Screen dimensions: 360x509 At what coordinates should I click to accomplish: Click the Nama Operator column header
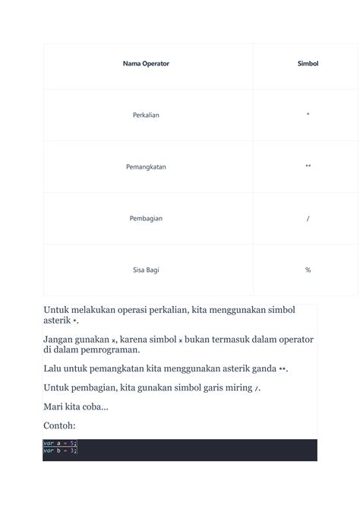point(146,64)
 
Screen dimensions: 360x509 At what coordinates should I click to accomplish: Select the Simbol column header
point(308,64)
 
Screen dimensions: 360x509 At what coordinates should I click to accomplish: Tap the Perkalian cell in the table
point(146,115)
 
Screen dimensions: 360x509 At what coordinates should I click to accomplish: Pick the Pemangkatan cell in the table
point(146,166)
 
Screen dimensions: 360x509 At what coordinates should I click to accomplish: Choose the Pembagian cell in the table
point(146,218)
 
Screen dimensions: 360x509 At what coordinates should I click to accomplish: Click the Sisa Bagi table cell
point(146,270)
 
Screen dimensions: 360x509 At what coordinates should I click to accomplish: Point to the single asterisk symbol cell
point(308,115)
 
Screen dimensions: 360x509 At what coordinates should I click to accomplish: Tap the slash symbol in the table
point(308,218)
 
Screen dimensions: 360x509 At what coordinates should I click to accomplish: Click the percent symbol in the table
point(308,270)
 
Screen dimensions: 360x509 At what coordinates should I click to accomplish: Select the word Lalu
point(53,368)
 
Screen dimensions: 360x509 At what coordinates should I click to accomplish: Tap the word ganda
point(261,368)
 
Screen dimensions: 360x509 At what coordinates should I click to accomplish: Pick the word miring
point(236,387)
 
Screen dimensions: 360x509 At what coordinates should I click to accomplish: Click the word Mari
point(53,406)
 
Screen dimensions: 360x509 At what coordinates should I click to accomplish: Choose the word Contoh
point(59,425)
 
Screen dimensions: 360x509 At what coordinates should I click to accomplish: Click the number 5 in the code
point(72,443)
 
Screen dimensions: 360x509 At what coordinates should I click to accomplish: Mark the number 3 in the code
point(72,451)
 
